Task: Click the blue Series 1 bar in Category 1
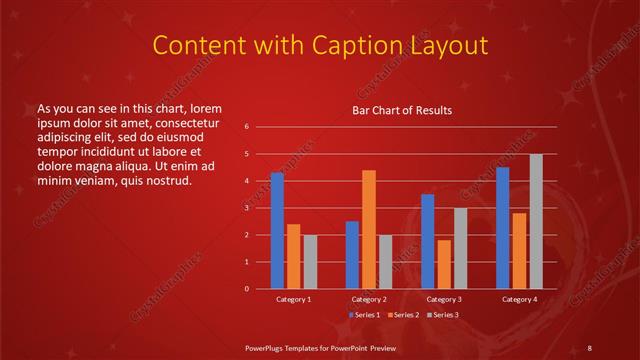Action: (277, 231)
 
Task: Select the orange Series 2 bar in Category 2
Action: (369, 229)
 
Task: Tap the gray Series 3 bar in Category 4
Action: (535, 221)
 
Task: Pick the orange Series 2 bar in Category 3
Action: (444, 264)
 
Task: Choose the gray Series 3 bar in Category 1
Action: (310, 262)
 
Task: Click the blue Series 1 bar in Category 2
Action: (352, 255)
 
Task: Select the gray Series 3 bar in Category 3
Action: (460, 248)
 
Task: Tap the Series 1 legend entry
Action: (364, 314)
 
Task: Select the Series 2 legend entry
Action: (402, 314)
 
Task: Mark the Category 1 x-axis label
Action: (293, 299)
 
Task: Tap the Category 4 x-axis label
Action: (519, 299)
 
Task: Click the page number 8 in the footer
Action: (589, 347)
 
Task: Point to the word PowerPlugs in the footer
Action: (270, 347)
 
